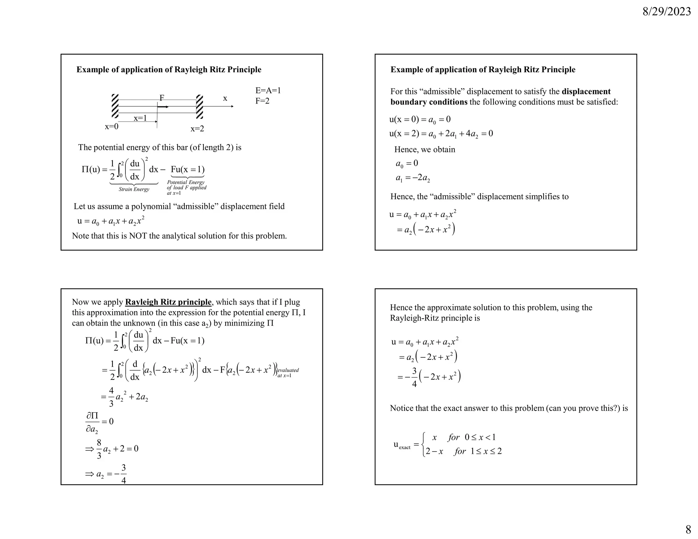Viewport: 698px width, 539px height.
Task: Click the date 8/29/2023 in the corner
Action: tap(666, 12)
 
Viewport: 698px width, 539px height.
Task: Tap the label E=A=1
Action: tap(268, 90)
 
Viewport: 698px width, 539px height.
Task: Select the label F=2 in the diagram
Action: tap(262, 101)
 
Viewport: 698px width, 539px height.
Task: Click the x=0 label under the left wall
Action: tap(111, 126)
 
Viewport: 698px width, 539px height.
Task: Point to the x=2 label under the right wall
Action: tap(197, 129)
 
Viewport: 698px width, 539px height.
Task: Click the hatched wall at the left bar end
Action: tap(115, 106)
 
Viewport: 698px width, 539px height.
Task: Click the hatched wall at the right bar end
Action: tap(200, 106)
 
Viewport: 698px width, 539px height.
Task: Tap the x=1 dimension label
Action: tap(140, 118)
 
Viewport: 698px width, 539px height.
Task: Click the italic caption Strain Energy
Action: tap(134, 189)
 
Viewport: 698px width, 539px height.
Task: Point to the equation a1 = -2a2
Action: tap(412, 178)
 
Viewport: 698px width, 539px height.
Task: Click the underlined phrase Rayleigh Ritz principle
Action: tap(168, 302)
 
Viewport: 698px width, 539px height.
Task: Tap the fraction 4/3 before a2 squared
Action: tap(111, 397)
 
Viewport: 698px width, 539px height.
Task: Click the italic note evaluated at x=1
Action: tap(288, 373)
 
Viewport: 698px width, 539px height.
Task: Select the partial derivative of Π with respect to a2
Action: tap(92, 422)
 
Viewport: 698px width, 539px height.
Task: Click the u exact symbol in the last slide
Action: tap(402, 445)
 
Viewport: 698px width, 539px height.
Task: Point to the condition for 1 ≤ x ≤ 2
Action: tap(478, 451)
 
